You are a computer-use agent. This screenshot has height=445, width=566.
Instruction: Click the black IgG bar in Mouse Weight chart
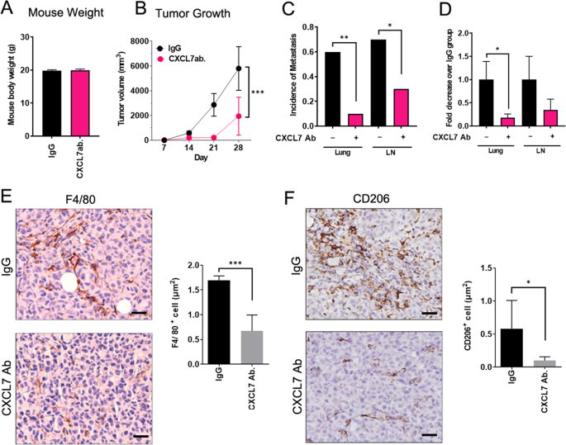click(x=50, y=105)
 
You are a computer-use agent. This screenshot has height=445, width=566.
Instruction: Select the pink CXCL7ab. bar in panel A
click(x=81, y=105)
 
